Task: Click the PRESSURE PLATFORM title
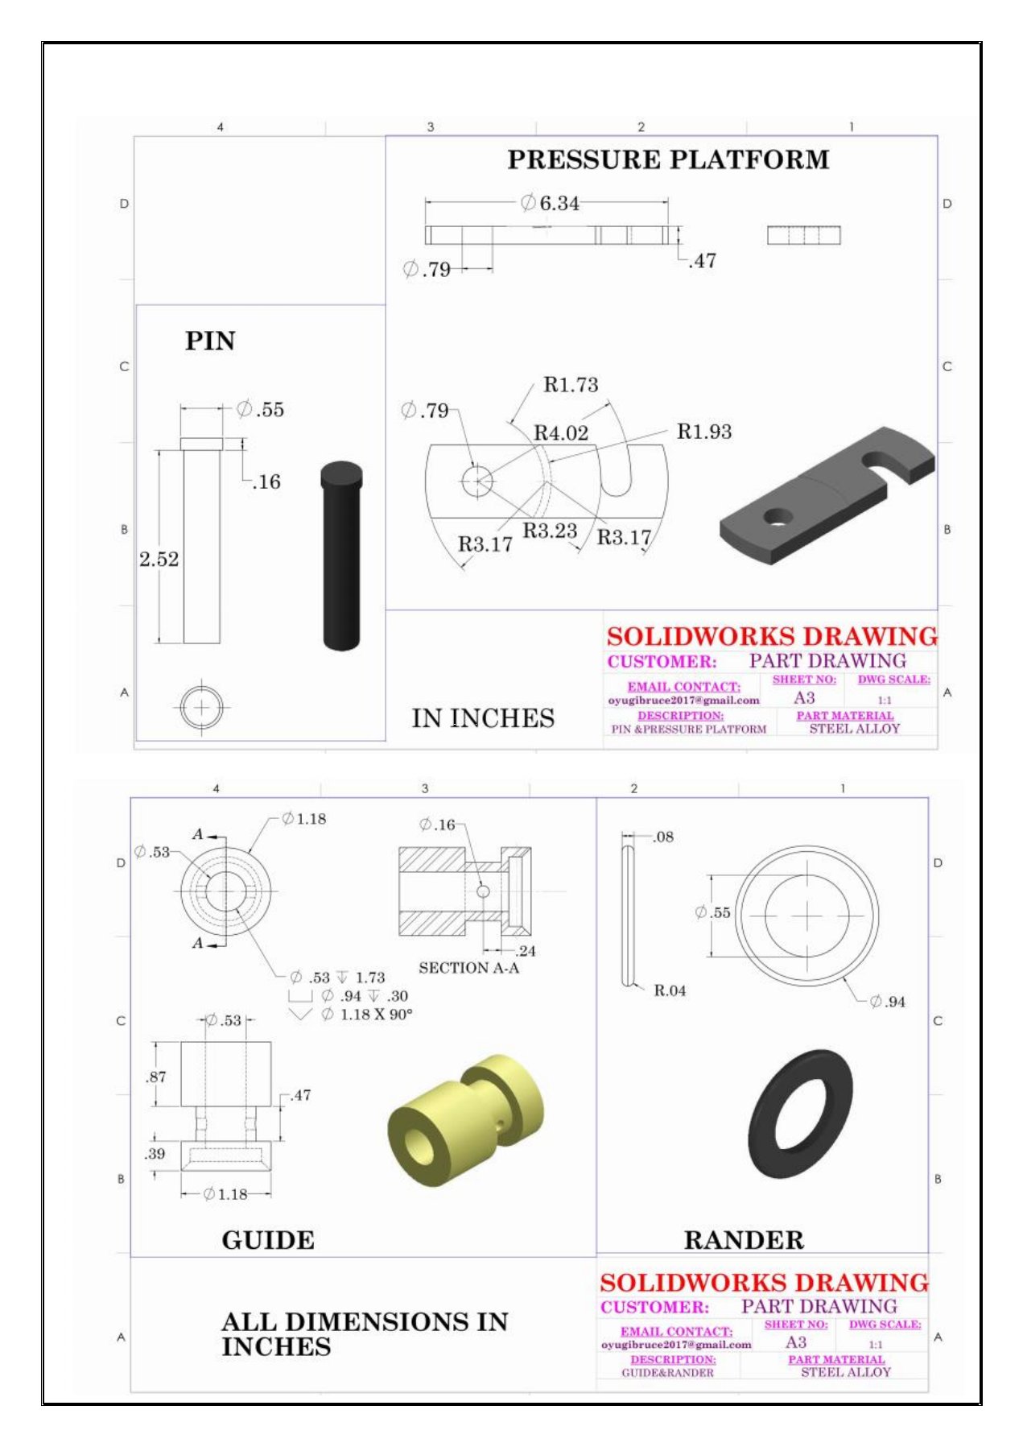[x=667, y=159]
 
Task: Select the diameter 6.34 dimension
[x=551, y=203]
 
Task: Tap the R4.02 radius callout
[x=561, y=433]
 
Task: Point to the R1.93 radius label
[x=704, y=432]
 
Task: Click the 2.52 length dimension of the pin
[x=159, y=559]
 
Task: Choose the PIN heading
[x=210, y=341]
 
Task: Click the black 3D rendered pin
[x=341, y=556]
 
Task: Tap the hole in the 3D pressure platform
[x=778, y=516]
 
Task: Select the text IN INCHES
[x=483, y=718]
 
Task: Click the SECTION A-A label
[x=468, y=968]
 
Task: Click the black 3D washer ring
[x=800, y=1115]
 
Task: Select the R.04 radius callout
[x=670, y=990]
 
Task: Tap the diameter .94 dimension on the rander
[x=889, y=1002]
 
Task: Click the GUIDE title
[x=268, y=1240]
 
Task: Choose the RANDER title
[x=744, y=1240]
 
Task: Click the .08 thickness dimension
[x=663, y=837]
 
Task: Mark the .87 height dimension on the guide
[x=157, y=1077]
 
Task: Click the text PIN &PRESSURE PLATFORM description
[x=688, y=730]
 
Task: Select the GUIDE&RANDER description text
[x=667, y=1373]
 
